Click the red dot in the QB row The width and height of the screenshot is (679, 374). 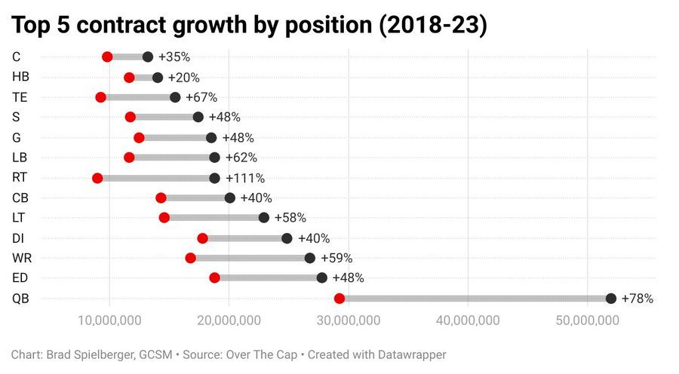coord(339,299)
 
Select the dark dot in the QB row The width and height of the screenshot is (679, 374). coord(611,299)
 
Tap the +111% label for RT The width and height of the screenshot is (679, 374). coord(248,178)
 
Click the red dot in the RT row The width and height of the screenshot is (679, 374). coord(97,178)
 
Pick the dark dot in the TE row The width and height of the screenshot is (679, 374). coord(175,97)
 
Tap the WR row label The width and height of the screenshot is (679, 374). coord(22,258)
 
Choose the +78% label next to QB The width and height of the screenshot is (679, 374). coord(637,299)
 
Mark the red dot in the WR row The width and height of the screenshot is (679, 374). coord(190,258)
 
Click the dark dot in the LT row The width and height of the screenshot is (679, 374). coord(263,218)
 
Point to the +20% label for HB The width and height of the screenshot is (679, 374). coord(183,77)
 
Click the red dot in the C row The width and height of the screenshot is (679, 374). coord(107,57)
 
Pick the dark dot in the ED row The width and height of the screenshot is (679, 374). coord(322,277)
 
